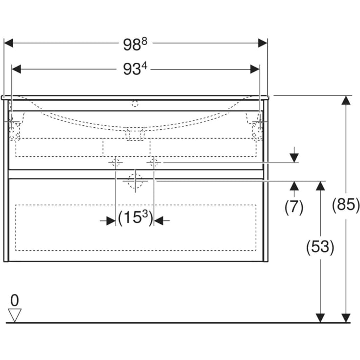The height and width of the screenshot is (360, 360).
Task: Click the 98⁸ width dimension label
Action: pyautogui.click(x=135, y=44)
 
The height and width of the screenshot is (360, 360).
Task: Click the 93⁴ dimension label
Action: pyautogui.click(x=135, y=69)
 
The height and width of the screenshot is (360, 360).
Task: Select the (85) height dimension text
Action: pyautogui.click(x=346, y=204)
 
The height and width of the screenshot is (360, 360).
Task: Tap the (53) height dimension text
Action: pyautogui.click(x=320, y=247)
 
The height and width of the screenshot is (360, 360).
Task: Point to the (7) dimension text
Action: pyautogui.click(x=294, y=207)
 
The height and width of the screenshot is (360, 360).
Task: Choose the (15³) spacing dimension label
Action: pyautogui.click(x=135, y=218)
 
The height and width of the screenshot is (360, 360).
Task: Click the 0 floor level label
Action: pyautogui.click(x=15, y=300)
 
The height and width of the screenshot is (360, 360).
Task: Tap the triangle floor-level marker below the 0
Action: pyautogui.click(x=15, y=315)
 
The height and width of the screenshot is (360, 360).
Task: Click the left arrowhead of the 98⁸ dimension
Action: pyautogui.click(x=9, y=43)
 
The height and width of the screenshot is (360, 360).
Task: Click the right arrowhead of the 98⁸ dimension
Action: pyautogui.click(x=263, y=43)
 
